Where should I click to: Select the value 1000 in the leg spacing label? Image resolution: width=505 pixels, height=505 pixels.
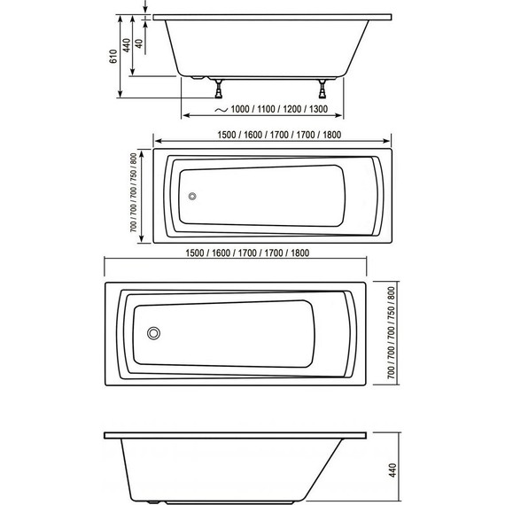(238, 109)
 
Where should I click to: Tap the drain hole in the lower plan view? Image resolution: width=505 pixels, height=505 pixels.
(154, 334)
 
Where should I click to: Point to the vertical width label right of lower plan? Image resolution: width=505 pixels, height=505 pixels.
(393, 332)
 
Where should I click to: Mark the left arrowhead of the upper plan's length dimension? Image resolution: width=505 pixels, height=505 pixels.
(158, 142)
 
